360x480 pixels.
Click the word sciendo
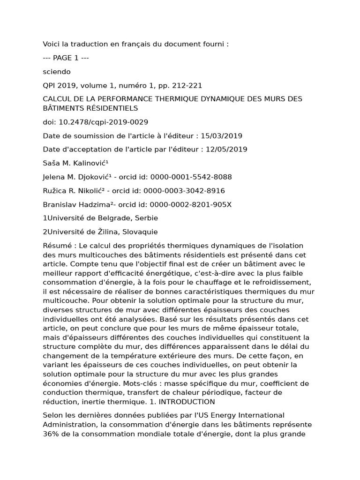(56, 72)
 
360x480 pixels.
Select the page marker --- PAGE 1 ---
(66, 58)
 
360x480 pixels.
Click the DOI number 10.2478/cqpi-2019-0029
(103, 122)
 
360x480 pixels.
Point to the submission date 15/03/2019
(221, 136)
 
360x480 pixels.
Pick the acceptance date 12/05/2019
(226, 150)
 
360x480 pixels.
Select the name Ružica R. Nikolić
(68, 191)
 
